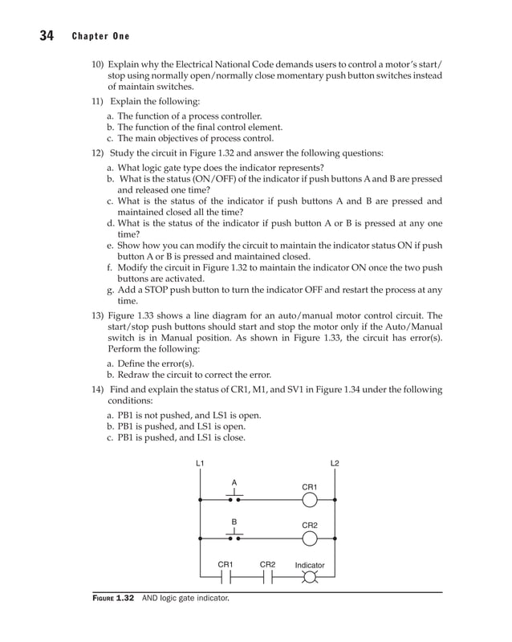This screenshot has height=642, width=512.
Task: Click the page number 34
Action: pyautogui.click(x=44, y=35)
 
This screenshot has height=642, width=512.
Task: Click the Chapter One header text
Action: pyautogui.click(x=100, y=37)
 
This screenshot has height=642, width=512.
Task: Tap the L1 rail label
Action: pyautogui.click(x=200, y=465)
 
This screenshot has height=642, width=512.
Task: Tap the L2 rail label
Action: pyautogui.click(x=335, y=465)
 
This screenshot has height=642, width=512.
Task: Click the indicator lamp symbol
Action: pyautogui.click(x=310, y=578)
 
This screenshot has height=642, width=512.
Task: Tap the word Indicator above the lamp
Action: pyautogui.click(x=309, y=565)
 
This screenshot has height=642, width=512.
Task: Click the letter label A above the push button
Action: pyautogui.click(x=234, y=482)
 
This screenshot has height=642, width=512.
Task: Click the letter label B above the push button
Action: pyautogui.click(x=234, y=522)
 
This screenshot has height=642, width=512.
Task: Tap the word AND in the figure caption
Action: pyautogui.click(x=151, y=598)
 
